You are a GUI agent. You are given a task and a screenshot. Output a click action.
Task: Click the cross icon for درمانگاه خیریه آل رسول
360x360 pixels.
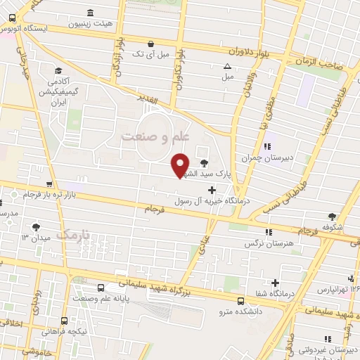click(x=212, y=190)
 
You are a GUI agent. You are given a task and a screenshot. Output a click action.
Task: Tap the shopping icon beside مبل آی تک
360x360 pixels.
click(x=153, y=43)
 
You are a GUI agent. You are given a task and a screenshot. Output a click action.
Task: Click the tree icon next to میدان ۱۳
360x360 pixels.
click(x=35, y=226)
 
